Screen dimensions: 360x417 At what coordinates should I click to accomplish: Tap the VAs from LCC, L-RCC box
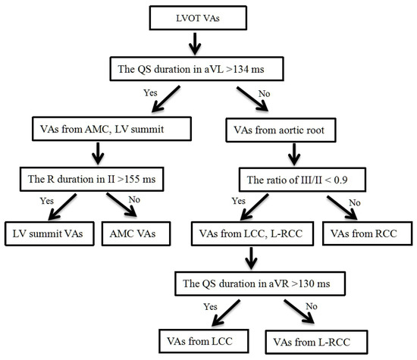pos(255,233)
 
